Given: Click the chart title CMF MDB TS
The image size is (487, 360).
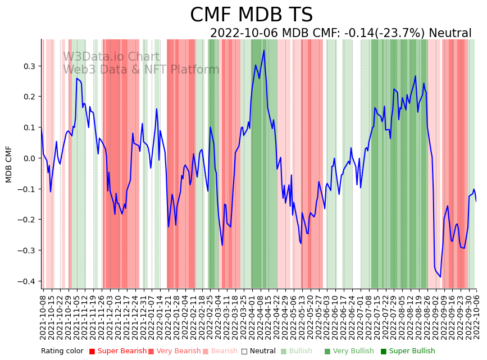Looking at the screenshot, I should tap(251, 15).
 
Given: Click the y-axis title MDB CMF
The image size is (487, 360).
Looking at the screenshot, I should tap(9, 164).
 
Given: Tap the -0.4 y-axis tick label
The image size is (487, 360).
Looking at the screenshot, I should tap(26, 281).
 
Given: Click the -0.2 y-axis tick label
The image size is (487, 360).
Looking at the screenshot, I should tap(26, 220).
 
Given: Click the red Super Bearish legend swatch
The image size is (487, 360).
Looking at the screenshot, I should tap(92, 352).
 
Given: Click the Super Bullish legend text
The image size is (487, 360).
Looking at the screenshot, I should tap(412, 352).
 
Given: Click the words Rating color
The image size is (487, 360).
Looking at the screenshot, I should tap(62, 352).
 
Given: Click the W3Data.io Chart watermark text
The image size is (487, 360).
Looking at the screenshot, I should tap(111, 57).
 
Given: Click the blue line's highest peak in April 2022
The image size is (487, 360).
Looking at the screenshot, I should tap(264, 51).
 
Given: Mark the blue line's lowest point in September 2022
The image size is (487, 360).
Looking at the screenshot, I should tap(440, 277).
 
